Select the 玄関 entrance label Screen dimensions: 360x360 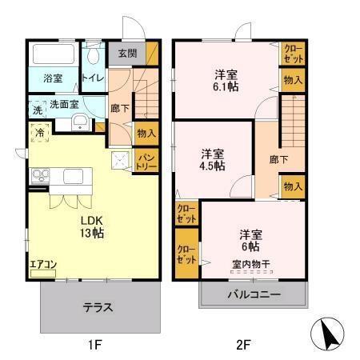pos(127,54)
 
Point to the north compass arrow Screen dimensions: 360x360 pos(329,332)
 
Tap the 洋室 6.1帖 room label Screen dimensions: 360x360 pos(225,81)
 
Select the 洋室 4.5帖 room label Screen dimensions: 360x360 pos(212,159)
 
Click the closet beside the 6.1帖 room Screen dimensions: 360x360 pos(292,54)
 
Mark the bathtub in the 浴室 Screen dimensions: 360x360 pos(53,57)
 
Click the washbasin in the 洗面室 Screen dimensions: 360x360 pos(81,122)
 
